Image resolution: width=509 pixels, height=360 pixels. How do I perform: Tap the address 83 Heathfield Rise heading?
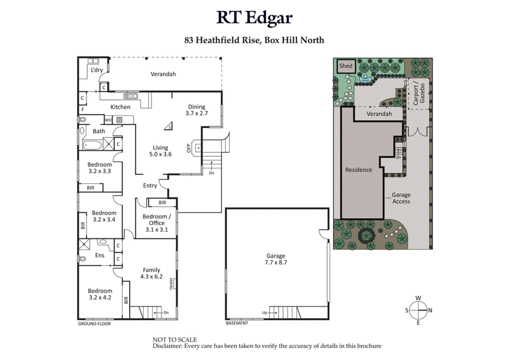pos(254,40)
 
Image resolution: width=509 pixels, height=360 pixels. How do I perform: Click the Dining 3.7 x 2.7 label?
pos(197,110)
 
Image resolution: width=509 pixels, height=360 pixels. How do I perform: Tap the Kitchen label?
pos(121,107)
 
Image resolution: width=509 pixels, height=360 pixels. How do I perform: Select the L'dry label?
pos(97,71)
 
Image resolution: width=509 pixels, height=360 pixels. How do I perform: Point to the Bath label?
pos(99,132)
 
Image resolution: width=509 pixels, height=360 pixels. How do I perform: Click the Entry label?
pos(150,186)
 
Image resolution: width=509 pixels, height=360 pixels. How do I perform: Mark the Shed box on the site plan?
pos(345,66)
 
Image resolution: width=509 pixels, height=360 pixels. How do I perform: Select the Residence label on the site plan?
pos(358,170)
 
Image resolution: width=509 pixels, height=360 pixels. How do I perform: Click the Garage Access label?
pos(400,198)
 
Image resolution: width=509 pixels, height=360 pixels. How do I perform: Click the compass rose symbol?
pos(418,310)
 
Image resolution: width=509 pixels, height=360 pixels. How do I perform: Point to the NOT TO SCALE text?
pos(175,340)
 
